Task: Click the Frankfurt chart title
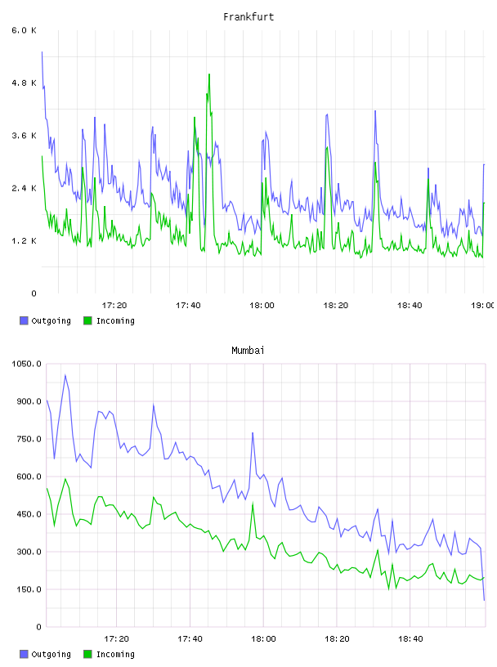click(248, 17)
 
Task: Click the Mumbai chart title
click(248, 351)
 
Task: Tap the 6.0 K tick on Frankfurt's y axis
click(25, 30)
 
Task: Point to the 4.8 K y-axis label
click(25, 83)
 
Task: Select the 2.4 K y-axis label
click(25, 188)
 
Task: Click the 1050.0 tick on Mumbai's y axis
click(27, 364)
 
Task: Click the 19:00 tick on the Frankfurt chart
click(483, 306)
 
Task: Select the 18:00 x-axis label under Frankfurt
click(262, 306)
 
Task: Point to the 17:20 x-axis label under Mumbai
click(116, 639)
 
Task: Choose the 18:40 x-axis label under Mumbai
click(410, 639)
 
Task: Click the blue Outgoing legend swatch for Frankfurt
click(24, 320)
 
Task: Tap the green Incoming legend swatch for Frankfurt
click(87, 320)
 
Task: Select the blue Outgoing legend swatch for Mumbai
click(24, 654)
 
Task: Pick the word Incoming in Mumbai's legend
click(115, 654)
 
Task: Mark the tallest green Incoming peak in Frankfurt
click(209, 74)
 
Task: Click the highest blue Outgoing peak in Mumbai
click(65, 375)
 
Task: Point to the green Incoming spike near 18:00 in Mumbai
click(253, 504)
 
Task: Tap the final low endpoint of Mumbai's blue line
click(484, 600)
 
